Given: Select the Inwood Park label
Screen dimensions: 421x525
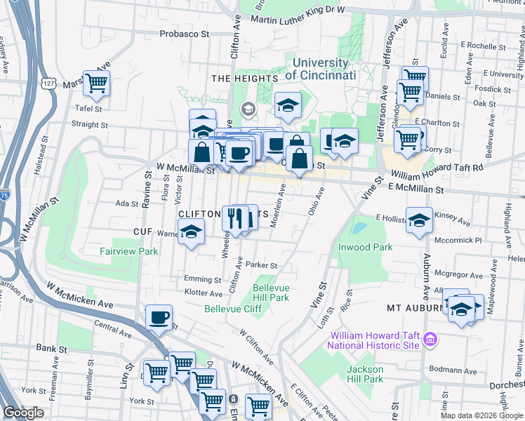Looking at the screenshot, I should (365, 247).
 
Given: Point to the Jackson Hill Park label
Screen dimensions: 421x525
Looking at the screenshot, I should (365, 374).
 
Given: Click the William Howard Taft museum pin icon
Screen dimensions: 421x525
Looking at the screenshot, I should (430, 341).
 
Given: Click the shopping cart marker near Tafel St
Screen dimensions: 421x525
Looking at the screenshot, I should (96, 83).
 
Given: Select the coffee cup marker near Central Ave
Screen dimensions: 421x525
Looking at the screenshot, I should (159, 317).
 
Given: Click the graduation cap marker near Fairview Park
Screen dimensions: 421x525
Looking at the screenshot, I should (190, 232).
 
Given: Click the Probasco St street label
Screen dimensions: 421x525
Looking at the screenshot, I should (185, 33).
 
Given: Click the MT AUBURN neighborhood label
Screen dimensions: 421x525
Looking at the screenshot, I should (413, 308).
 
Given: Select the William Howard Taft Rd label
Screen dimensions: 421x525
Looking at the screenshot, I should (437, 168).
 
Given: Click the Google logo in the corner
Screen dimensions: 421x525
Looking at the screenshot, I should (23, 413).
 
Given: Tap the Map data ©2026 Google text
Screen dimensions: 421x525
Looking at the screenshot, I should (481, 415).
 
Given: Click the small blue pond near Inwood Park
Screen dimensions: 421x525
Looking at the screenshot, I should (359, 229).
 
